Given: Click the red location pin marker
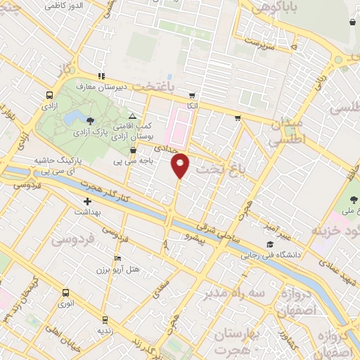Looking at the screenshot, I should click(x=181, y=165).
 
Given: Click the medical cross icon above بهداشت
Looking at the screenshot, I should click(x=87, y=201).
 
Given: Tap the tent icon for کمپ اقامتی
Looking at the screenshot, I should click(x=132, y=115).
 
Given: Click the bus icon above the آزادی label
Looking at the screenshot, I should click(x=49, y=95).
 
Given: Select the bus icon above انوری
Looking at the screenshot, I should click(x=66, y=292).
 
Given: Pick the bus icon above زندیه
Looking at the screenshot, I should click(x=105, y=319).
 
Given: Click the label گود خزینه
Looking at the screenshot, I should click(x=335, y=231).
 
